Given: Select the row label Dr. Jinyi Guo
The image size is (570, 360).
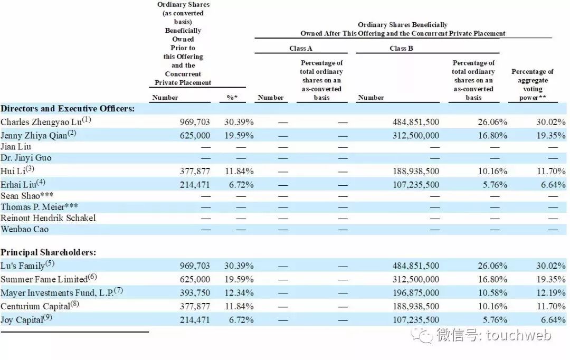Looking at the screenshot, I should [26, 158].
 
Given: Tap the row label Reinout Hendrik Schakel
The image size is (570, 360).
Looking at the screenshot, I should [48, 218].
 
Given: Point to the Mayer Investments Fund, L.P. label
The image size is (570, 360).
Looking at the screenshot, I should [59, 293].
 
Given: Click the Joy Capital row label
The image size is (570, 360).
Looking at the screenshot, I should [24, 320].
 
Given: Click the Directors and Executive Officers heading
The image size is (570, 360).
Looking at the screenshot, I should [68, 109].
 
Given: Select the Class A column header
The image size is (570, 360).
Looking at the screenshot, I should [301, 49].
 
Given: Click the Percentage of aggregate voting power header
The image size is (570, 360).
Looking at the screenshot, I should [532, 84].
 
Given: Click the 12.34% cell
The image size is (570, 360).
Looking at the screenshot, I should [239, 293].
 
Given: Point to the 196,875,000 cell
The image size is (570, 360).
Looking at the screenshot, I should [415, 293].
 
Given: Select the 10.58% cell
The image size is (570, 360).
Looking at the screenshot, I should [495, 293].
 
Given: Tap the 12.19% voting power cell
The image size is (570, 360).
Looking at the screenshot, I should [552, 293].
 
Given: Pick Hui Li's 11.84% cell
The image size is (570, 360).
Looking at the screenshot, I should [239, 171].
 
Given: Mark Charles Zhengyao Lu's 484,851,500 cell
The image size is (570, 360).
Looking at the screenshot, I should [415, 122].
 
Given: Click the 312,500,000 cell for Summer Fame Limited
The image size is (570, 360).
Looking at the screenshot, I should [415, 279].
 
